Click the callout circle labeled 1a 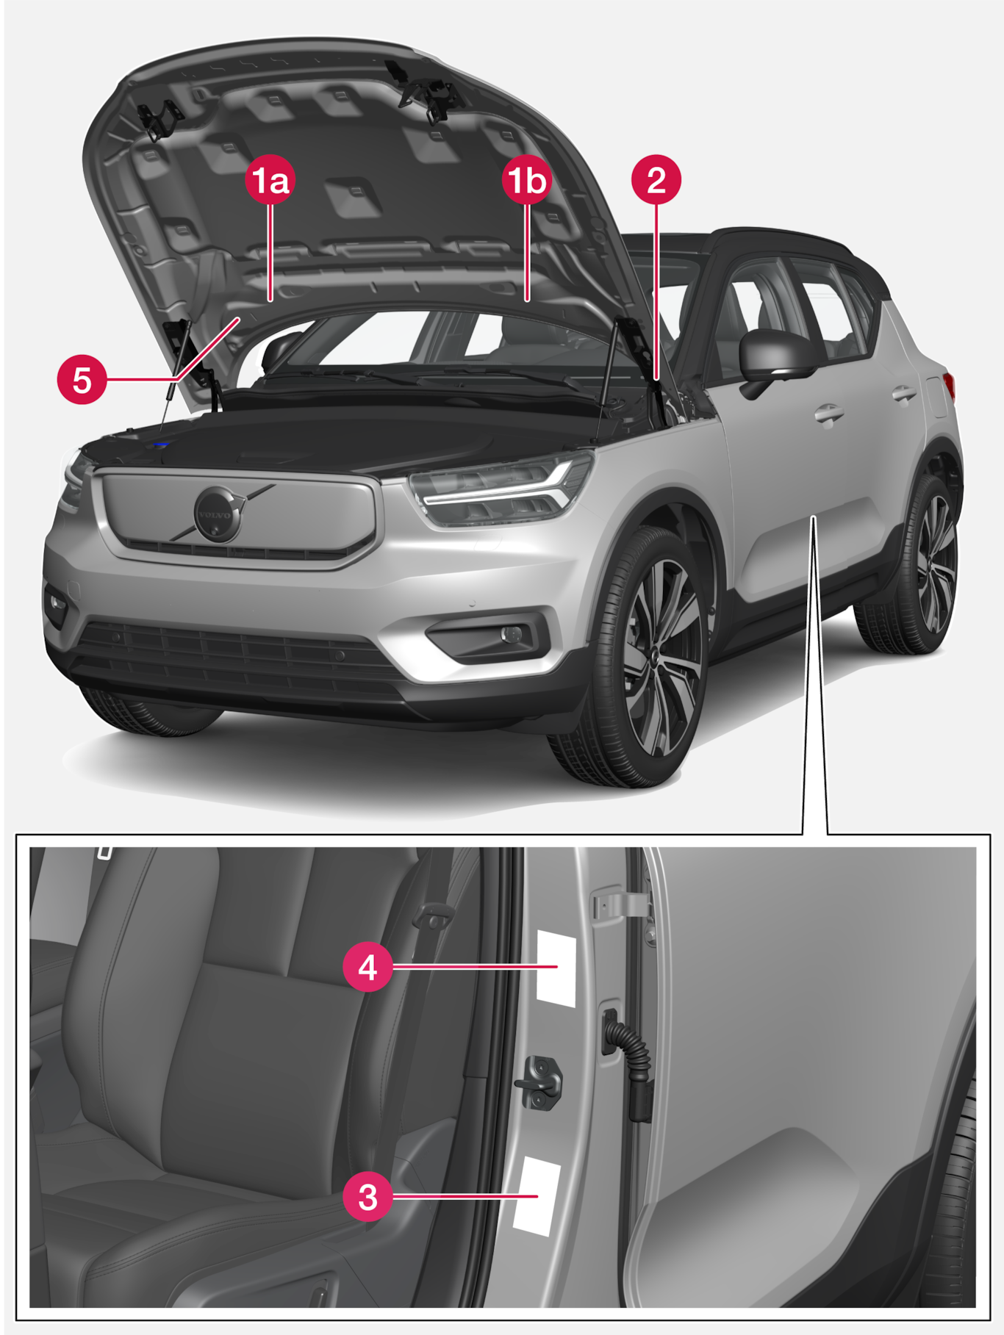coord(270,180)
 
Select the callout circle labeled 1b coord(528,180)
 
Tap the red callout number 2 coord(656,180)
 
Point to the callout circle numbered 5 coord(82,380)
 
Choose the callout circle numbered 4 coord(367,967)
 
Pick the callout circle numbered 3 coord(367,1197)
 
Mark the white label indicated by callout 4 coord(556,968)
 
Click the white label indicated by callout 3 coord(537,1195)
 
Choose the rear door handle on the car coord(905,395)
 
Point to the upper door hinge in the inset coord(622,904)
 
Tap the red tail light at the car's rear coord(949,386)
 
